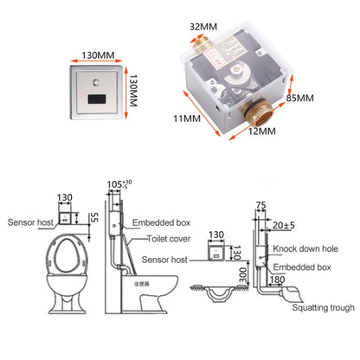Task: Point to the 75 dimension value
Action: (x=260, y=205)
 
